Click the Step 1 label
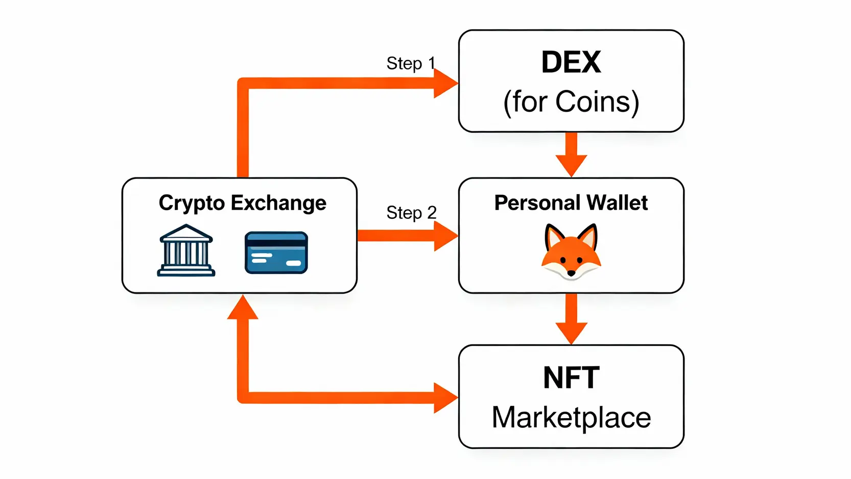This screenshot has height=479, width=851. (411, 63)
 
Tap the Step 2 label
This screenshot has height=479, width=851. (411, 212)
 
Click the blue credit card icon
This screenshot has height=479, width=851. (276, 253)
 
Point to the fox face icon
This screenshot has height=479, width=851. (571, 252)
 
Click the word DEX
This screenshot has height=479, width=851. (571, 62)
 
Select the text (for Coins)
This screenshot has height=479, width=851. (571, 102)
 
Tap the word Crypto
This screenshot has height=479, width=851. (192, 203)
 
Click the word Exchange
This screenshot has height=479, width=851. (278, 203)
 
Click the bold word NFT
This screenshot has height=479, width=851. (571, 378)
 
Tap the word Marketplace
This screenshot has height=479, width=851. (571, 417)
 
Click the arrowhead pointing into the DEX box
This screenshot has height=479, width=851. (445, 83)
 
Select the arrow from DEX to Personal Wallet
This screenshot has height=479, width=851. (571, 154)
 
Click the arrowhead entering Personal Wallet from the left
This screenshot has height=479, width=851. (445, 236)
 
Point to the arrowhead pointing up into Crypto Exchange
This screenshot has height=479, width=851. (243, 308)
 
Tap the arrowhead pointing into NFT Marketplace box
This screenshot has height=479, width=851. (445, 397)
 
